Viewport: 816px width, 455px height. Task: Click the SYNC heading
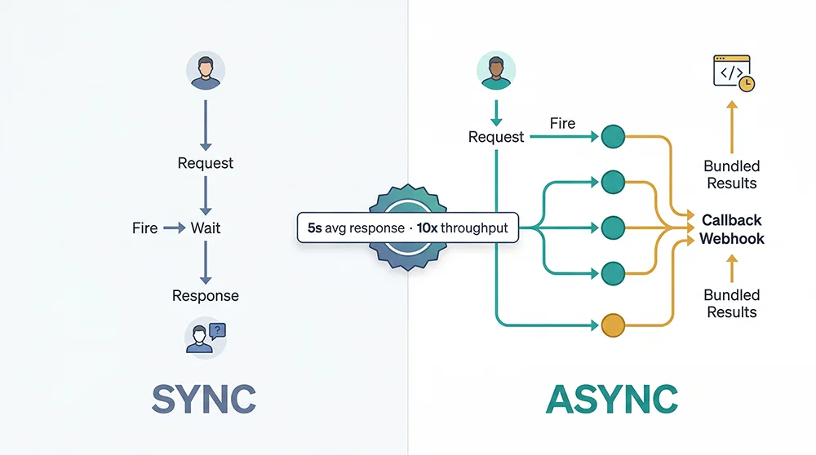[204, 399]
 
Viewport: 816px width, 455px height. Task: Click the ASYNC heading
[611, 399]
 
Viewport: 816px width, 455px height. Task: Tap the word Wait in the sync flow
[206, 228]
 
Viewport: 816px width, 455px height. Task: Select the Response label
[206, 295]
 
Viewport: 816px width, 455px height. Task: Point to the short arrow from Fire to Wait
[175, 228]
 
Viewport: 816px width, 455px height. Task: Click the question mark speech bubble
[217, 330]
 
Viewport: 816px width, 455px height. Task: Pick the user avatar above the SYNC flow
[206, 71]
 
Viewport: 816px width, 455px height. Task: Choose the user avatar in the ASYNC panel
[495, 71]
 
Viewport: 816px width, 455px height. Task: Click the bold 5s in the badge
[315, 228]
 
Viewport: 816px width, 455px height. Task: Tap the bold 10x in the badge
[427, 228]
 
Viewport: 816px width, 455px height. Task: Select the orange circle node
[613, 325]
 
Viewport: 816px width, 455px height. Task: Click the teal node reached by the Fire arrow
[613, 137]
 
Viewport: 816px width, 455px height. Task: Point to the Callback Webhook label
[731, 229]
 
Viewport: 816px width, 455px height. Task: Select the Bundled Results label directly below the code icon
[731, 174]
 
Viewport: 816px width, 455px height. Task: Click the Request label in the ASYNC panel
[496, 137]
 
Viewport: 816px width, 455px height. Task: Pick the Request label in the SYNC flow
[206, 163]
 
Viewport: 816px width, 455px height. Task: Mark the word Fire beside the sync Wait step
[144, 228]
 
